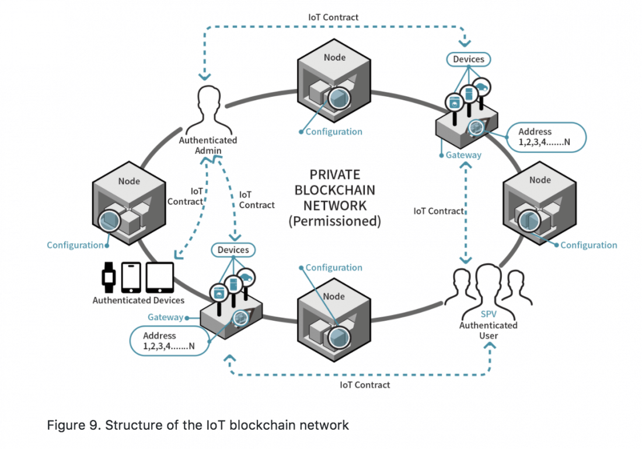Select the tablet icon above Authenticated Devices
159,278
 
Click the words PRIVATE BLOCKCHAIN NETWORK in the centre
334,190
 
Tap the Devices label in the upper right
469,59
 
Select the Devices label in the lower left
233,250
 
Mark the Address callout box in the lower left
168,341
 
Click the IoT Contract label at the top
333,17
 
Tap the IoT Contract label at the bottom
365,385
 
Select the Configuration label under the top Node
334,132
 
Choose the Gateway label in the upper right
463,155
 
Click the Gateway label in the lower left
165,317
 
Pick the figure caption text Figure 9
197,425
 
